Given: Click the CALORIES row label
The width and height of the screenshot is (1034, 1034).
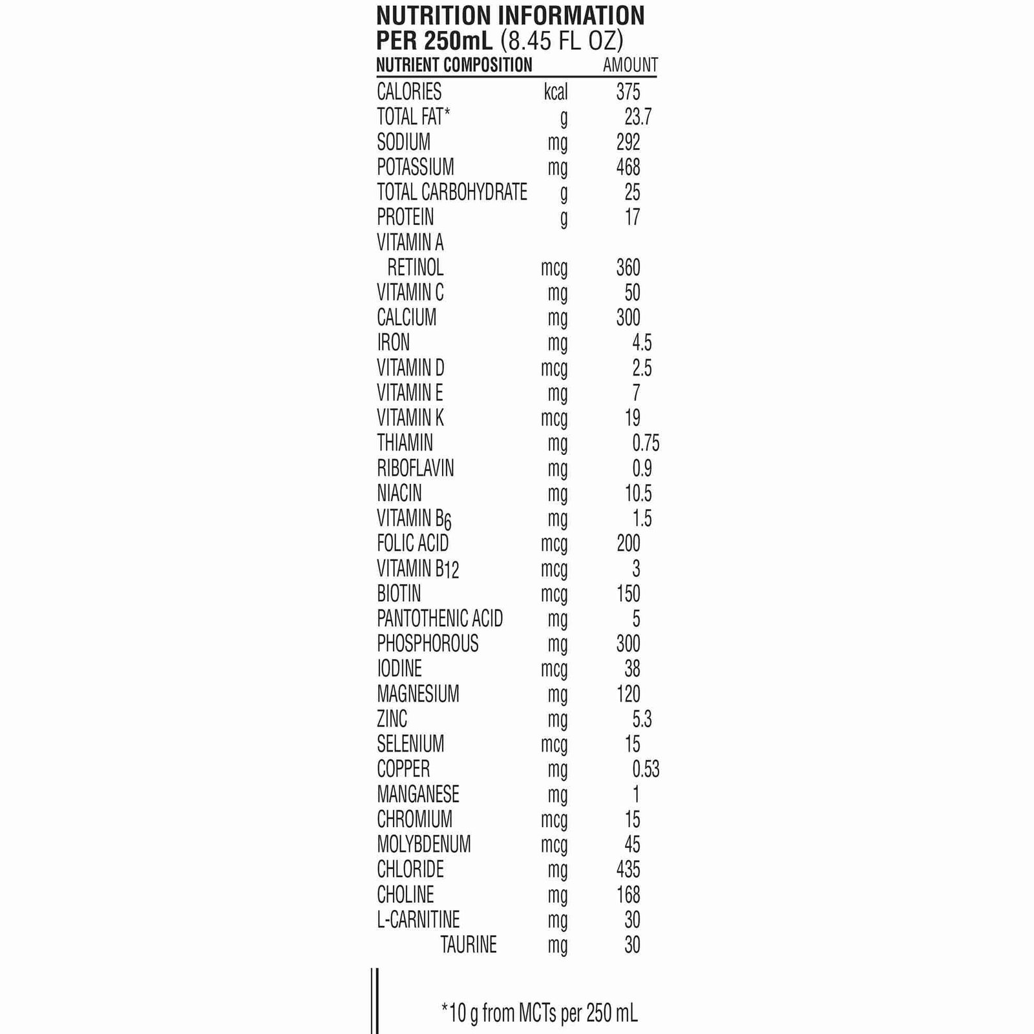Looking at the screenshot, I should [x=409, y=92].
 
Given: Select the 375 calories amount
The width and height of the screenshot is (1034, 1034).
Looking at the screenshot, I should [x=628, y=92].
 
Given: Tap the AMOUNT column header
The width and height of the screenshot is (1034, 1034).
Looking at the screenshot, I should [x=629, y=65].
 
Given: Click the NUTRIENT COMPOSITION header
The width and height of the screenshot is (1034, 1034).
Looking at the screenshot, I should [x=454, y=65].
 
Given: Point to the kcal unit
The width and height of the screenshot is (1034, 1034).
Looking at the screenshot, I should [x=555, y=92].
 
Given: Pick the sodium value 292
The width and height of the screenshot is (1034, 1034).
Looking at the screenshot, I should [x=628, y=142].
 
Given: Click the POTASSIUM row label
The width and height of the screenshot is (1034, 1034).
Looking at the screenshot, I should [x=415, y=167].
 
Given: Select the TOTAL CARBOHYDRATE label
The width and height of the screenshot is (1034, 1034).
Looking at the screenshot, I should [x=452, y=192].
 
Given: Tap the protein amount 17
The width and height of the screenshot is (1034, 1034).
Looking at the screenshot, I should [x=632, y=217].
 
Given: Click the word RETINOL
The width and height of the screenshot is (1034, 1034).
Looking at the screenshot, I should [x=415, y=268].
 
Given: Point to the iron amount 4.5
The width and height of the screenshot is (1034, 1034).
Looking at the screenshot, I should [x=641, y=343].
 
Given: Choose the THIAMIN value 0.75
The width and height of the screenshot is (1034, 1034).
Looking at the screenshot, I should [x=645, y=443].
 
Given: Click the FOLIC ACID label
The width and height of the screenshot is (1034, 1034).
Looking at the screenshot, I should [x=412, y=543].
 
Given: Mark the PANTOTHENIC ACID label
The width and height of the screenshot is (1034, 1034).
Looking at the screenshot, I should [x=439, y=619].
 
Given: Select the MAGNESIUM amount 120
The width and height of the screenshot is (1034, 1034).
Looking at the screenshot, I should [x=628, y=694].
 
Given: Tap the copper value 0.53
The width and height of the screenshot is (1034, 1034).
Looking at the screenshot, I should [x=645, y=769].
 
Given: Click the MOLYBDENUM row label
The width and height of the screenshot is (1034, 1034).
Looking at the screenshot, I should [x=423, y=845].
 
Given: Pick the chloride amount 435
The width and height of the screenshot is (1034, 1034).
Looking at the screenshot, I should [x=628, y=870].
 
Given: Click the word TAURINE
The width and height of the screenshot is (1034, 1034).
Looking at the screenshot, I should [x=469, y=945].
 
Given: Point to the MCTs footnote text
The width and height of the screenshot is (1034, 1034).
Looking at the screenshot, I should [x=540, y=1013].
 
